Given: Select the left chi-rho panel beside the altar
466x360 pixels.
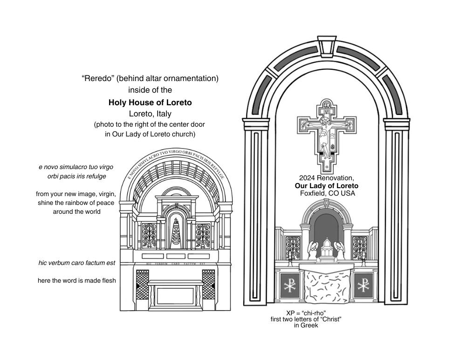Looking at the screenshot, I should (x=290, y=285).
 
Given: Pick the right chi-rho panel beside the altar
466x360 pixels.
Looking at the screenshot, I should (x=363, y=285).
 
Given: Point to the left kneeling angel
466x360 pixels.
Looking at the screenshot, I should (x=312, y=251).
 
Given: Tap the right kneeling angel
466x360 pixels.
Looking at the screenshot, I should (x=341, y=251).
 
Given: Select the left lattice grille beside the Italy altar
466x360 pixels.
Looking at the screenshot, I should (x=142, y=284).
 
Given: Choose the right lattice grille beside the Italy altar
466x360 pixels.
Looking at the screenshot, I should (x=209, y=284).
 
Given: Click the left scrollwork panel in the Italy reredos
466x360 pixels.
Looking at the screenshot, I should (x=149, y=236).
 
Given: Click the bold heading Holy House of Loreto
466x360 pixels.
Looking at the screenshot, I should (x=150, y=102).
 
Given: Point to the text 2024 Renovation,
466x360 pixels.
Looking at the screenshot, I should (x=326, y=178).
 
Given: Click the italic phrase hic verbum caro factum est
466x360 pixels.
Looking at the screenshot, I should (x=77, y=263).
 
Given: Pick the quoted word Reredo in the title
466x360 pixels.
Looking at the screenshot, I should (x=97, y=78).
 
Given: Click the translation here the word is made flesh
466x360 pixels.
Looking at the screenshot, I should (x=77, y=280).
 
